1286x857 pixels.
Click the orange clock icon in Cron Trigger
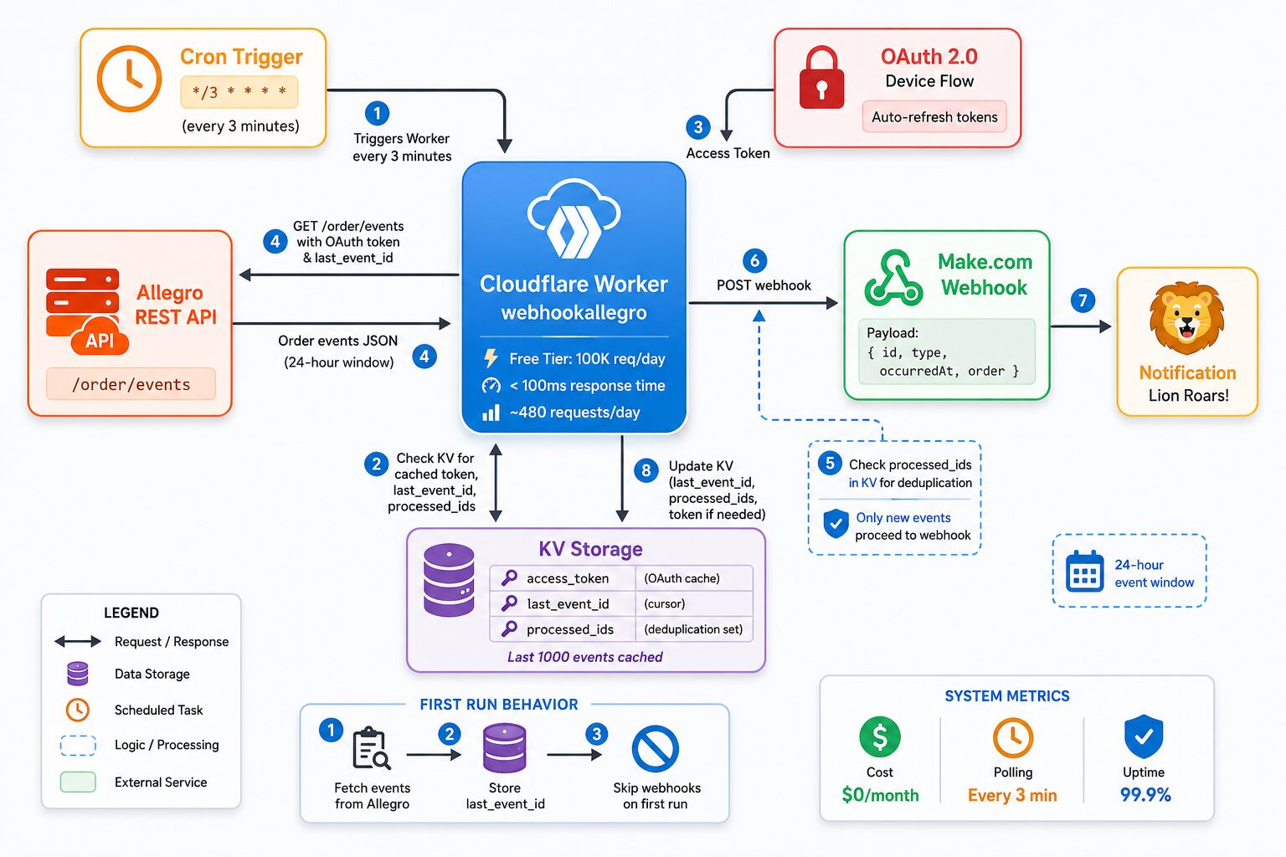129,78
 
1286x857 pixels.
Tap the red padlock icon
821,78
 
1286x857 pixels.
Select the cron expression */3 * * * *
239,92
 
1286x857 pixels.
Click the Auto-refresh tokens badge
934,117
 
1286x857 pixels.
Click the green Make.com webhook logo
893,278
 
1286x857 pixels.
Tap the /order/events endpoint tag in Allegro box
131,384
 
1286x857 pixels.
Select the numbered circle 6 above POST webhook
754,260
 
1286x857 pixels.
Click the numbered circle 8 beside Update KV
646,470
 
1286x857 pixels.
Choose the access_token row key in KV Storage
567,578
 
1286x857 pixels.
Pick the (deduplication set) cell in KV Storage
693,629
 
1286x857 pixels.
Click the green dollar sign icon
880,737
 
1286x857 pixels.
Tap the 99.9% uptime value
1145,795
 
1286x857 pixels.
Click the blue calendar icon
1084,571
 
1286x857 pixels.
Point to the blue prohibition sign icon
655,748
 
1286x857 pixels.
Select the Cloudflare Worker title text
574,285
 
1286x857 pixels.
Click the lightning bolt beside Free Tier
491,358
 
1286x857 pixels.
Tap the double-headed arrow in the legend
78,641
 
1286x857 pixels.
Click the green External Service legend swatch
78,783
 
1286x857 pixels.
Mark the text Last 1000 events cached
584,657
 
